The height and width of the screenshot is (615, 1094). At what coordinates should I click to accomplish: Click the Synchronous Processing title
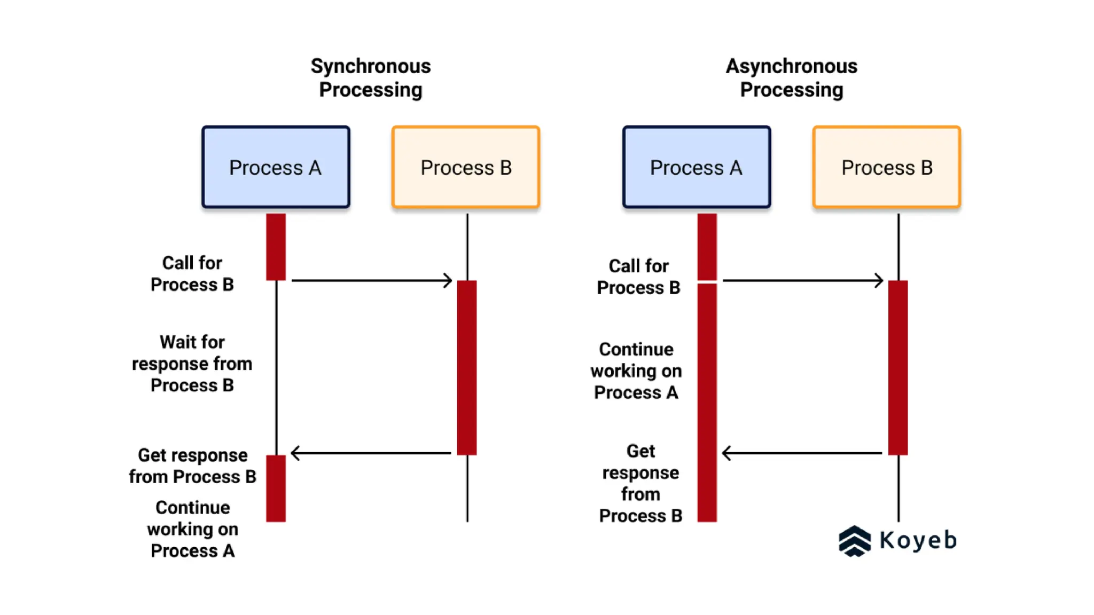pyautogui.click(x=370, y=78)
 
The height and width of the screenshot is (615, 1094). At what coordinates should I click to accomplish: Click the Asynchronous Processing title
pyautogui.click(x=791, y=78)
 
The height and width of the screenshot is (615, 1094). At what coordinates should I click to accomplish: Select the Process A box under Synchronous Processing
pyautogui.click(x=276, y=167)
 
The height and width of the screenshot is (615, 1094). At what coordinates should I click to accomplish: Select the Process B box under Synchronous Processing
pyautogui.click(x=466, y=167)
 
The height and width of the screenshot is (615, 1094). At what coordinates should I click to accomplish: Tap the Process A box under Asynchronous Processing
pyautogui.click(x=696, y=167)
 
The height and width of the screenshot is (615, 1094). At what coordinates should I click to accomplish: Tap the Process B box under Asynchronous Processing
pyautogui.click(x=887, y=167)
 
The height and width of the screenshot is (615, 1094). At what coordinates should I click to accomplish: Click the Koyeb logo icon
pyautogui.click(x=854, y=541)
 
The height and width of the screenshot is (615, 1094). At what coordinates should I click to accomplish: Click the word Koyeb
pyautogui.click(x=918, y=540)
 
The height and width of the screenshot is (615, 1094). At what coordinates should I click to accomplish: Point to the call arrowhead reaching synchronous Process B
pyautogui.click(x=448, y=280)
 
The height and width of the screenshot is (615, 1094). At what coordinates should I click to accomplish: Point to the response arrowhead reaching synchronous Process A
pyautogui.click(x=295, y=453)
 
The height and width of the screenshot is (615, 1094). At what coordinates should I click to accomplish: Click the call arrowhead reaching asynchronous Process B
pyautogui.click(x=879, y=280)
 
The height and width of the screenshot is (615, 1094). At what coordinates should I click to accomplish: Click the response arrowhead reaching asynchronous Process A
pyautogui.click(x=726, y=453)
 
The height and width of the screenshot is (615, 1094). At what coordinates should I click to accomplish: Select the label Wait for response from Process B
pyautogui.click(x=192, y=364)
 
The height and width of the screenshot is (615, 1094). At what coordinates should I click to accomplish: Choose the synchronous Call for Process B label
pyautogui.click(x=192, y=274)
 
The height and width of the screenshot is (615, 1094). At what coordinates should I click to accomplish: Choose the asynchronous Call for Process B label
pyautogui.click(x=638, y=277)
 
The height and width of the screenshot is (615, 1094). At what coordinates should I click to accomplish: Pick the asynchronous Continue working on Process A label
pyautogui.click(x=636, y=370)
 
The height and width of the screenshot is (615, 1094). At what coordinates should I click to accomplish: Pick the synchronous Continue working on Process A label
pyautogui.click(x=192, y=529)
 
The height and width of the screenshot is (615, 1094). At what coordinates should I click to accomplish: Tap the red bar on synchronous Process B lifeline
pyautogui.click(x=467, y=367)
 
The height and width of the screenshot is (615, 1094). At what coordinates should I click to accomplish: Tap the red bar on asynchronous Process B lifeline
pyautogui.click(x=898, y=367)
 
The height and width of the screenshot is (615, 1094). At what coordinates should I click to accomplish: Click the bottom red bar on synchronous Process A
pyautogui.click(x=276, y=488)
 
